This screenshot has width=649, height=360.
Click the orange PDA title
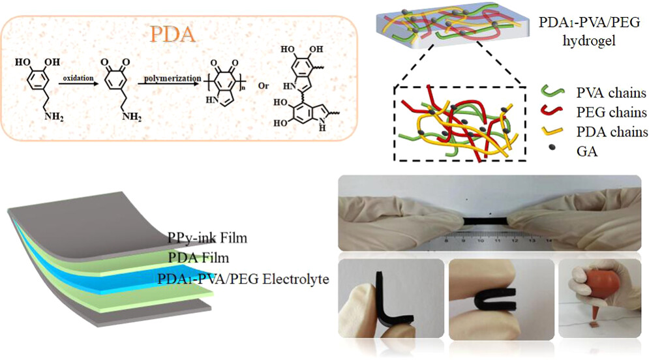pos(172,34)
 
